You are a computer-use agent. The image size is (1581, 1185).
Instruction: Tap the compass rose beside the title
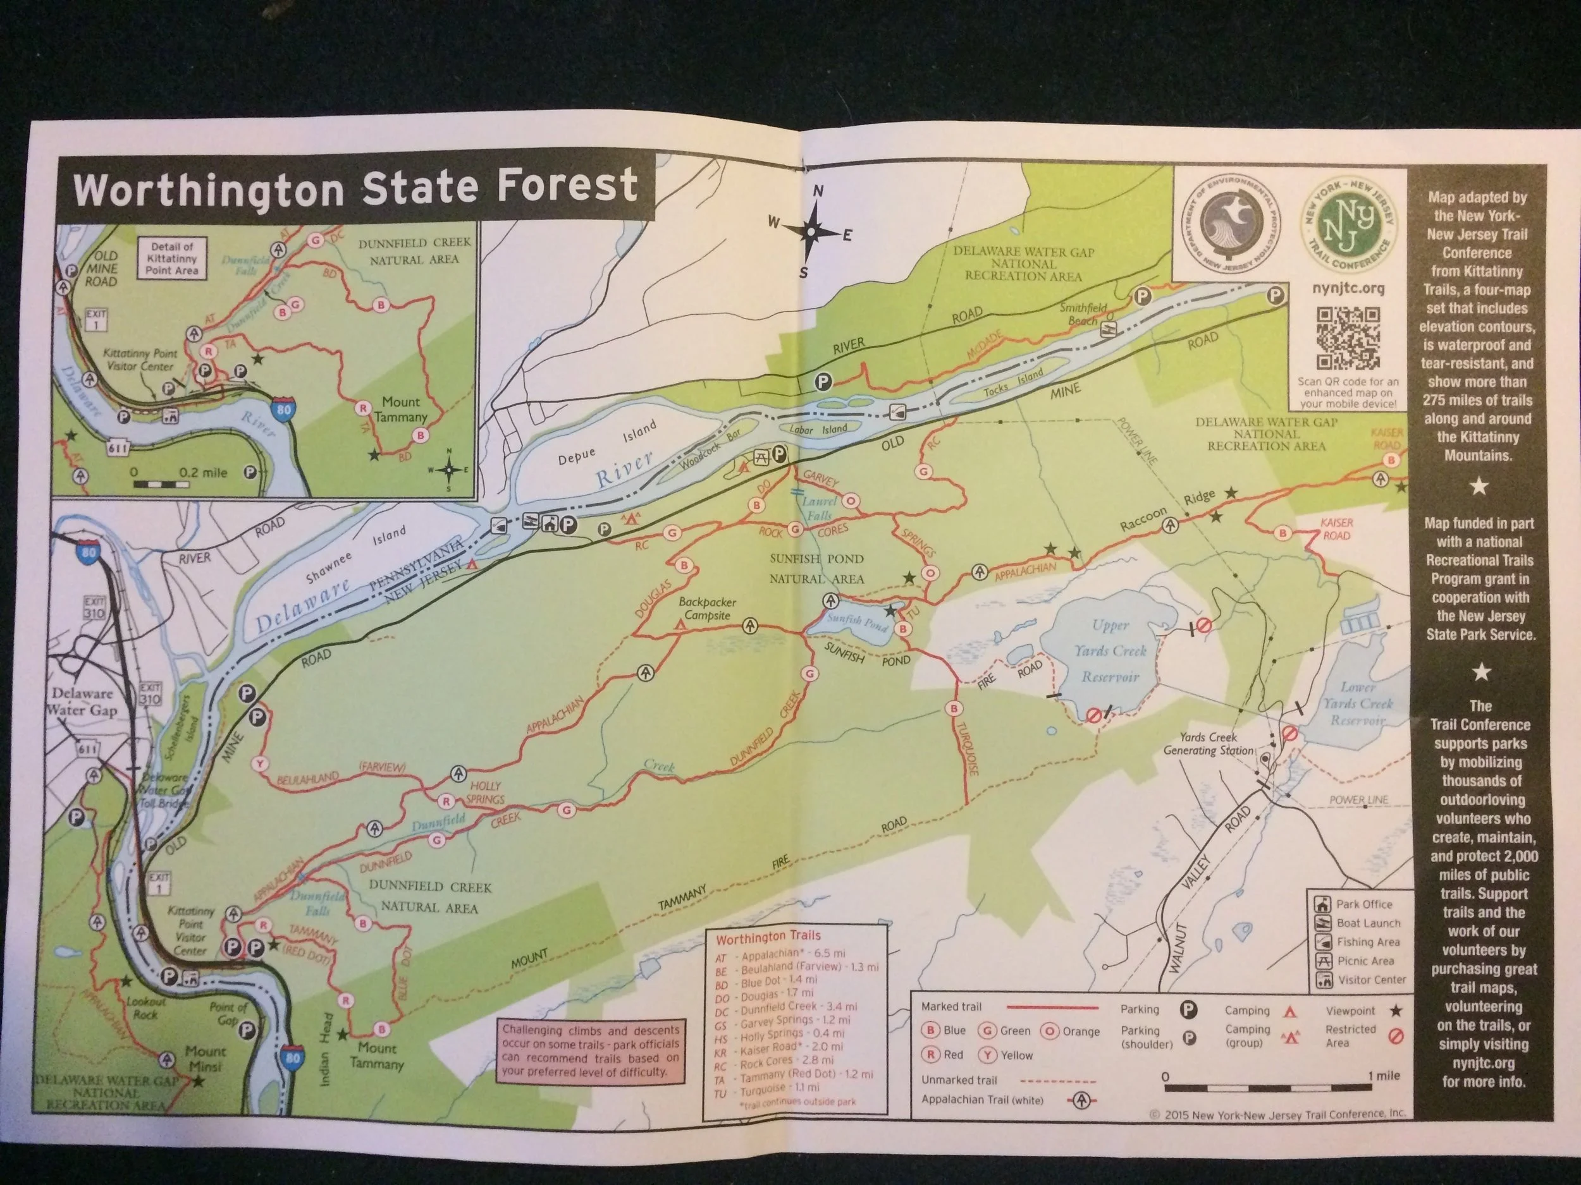pyautogui.click(x=811, y=233)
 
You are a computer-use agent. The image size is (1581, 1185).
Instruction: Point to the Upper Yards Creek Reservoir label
pyautogui.click(x=1109, y=650)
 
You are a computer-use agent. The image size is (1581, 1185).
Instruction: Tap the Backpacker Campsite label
pyautogui.click(x=707, y=609)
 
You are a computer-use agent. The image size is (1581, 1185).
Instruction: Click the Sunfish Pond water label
pyautogui.click(x=857, y=621)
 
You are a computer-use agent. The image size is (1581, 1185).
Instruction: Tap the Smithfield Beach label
pyautogui.click(x=1083, y=313)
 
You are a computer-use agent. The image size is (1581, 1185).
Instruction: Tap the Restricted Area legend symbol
pyautogui.click(x=1394, y=1036)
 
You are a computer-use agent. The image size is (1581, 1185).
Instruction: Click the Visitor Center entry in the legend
pyautogui.click(x=1362, y=980)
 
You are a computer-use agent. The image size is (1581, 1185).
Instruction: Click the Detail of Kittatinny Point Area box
pyautogui.click(x=171, y=258)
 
